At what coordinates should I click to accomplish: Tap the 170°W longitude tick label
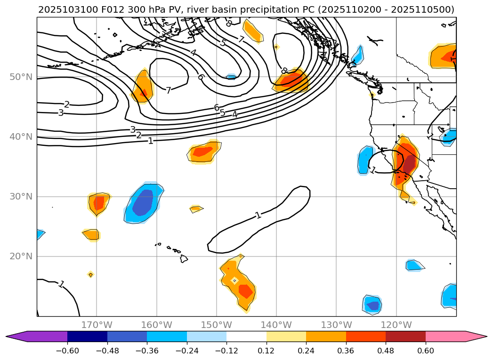coord(97,325)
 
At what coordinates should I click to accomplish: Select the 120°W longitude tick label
coord(396,325)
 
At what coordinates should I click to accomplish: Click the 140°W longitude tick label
coord(276,325)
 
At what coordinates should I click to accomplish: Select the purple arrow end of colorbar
coord(16,336)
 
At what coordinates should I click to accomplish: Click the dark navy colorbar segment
coord(87,336)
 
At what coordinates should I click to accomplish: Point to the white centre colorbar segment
coord(246,336)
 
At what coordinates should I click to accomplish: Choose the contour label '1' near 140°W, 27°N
coord(258,216)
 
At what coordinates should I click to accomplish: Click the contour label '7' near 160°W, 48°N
coord(168,90)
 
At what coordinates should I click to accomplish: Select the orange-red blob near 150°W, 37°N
coord(204,152)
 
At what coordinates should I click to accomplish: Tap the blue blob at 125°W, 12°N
coord(372,305)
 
